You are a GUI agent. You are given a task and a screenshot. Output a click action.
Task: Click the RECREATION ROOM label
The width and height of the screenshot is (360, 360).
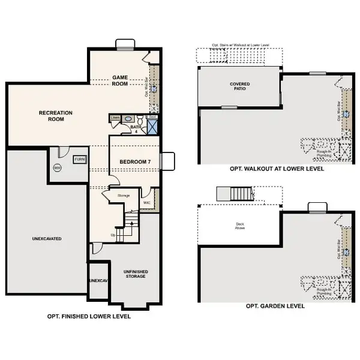point(55,116)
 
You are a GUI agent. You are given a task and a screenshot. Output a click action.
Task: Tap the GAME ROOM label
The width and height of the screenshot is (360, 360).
point(119,80)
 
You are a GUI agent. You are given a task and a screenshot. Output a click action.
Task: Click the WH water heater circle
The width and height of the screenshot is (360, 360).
point(58,167)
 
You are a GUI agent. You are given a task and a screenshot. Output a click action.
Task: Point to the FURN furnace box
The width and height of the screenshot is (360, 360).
point(79,159)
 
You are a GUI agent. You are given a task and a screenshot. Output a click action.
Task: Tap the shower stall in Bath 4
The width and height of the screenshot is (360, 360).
point(153,125)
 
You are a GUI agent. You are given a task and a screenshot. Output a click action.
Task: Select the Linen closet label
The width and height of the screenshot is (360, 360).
point(115,118)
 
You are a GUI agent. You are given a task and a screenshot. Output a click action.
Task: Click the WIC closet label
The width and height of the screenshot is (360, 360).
point(147,203)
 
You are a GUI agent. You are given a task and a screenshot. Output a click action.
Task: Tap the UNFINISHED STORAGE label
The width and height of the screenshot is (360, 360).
point(136,274)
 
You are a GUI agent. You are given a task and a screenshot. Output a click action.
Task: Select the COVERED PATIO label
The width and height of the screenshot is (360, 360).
point(239,86)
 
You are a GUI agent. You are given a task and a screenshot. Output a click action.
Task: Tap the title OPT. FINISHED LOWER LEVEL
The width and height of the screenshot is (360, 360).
point(88,316)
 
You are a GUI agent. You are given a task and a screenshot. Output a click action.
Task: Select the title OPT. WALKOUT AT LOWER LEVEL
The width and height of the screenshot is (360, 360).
point(276,169)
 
